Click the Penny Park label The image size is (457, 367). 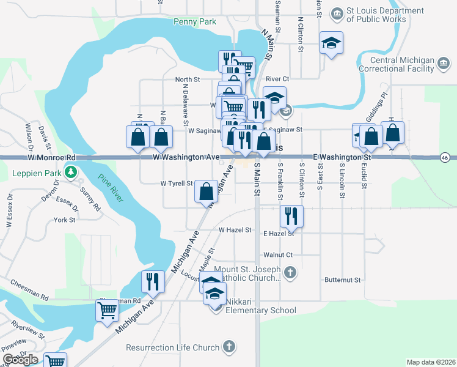tap(195, 21)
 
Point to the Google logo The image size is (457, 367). tap(20, 359)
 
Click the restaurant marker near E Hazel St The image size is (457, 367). tap(291, 215)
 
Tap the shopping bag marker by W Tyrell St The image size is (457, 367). tap(207, 191)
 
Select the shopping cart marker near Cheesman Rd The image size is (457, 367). tap(107, 310)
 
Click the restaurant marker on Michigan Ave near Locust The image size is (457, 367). tap(152, 281)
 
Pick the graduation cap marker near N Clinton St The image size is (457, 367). tap(331, 42)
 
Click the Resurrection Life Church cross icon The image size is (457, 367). tap(228, 347)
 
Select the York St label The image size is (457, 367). tap(64, 220)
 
